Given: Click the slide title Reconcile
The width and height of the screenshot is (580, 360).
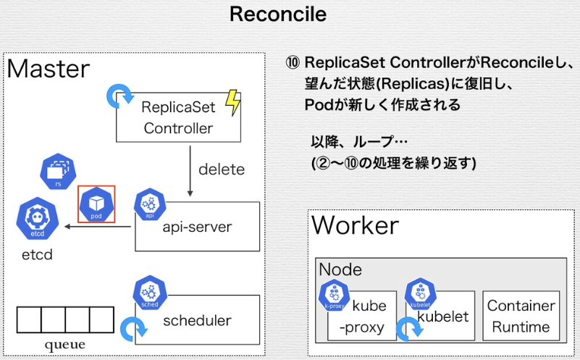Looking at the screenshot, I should click(x=278, y=14).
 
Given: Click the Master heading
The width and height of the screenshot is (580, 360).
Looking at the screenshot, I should click(x=49, y=69).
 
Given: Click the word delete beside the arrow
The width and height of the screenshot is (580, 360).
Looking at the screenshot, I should click(x=222, y=169).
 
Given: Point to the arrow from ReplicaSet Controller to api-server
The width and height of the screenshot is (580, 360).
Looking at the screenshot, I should click(x=190, y=171).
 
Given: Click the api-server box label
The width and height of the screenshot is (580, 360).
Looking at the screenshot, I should click(x=197, y=227).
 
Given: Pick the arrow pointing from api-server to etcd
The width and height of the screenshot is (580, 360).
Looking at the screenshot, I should click(x=98, y=227).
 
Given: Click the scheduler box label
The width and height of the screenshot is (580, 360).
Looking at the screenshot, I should click(x=197, y=320).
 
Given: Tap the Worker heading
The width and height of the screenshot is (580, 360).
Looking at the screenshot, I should click(x=356, y=225).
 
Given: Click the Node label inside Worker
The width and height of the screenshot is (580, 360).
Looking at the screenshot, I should click(x=340, y=270).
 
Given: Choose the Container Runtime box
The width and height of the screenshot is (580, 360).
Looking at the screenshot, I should click(x=521, y=316).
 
